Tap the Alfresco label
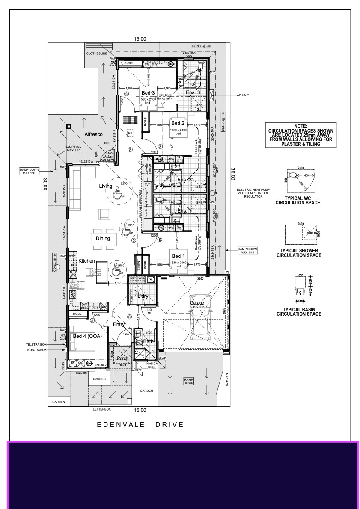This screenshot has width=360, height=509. (x=93, y=134)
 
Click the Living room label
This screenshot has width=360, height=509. (x=105, y=186)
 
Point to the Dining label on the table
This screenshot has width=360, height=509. (x=103, y=238)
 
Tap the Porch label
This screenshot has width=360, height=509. (x=123, y=358)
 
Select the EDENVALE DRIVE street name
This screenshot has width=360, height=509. (x=140, y=425)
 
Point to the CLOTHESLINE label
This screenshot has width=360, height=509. (x=96, y=54)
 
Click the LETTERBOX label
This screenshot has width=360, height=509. (x=102, y=409)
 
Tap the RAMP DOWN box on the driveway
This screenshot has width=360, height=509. (x=189, y=381)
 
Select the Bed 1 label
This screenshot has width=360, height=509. (x=177, y=256)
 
